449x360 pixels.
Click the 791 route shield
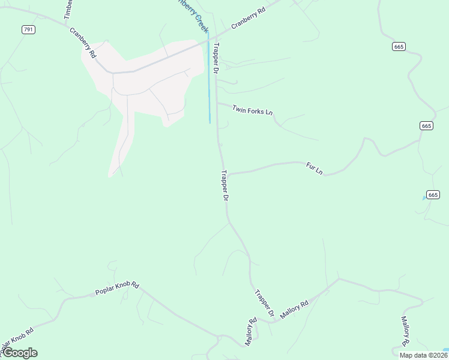coord(28,29)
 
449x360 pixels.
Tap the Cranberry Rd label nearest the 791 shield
coord(83,43)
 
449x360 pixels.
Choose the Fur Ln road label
coord(315,168)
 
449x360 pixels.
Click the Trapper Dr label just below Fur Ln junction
coord(225,186)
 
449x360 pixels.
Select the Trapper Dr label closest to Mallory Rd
coord(264,304)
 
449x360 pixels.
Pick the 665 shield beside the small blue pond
coord(433,194)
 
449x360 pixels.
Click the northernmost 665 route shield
coord(399,46)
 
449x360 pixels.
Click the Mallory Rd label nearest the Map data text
coord(405,331)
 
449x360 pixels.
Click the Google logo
coord(20,353)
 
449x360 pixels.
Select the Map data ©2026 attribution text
coord(423,355)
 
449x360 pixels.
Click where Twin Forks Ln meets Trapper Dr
coord(217,103)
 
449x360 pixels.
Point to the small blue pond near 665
coord(424,197)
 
